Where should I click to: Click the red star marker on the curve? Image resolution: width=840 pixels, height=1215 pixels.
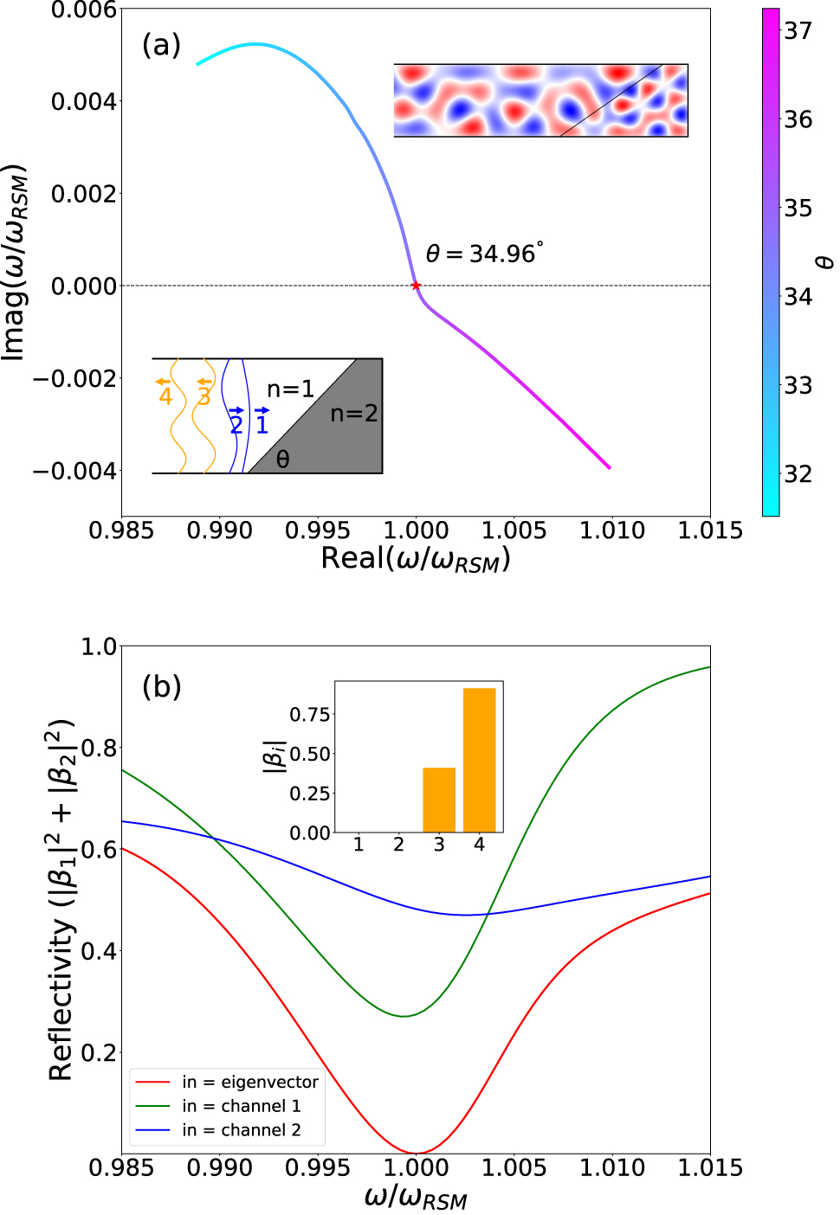(x=416, y=285)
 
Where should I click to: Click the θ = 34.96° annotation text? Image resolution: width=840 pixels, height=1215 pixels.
(x=484, y=254)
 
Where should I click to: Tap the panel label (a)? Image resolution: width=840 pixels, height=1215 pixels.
(x=161, y=44)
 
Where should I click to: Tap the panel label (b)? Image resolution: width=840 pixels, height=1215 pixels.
(x=161, y=686)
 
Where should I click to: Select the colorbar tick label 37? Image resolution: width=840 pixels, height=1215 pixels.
(x=798, y=30)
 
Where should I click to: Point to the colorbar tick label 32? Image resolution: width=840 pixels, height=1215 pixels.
(x=798, y=473)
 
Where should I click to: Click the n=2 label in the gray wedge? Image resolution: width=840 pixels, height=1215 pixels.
(x=354, y=414)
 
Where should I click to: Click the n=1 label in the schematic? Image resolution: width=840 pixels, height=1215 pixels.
(x=290, y=389)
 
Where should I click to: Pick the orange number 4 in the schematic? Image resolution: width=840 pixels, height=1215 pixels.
(x=165, y=397)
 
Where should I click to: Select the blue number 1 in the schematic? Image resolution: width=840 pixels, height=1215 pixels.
(x=262, y=424)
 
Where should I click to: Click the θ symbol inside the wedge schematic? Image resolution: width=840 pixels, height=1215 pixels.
(x=282, y=460)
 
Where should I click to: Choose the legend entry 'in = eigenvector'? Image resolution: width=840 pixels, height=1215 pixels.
(x=249, y=1082)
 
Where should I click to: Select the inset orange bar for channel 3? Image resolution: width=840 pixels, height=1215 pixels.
(x=439, y=800)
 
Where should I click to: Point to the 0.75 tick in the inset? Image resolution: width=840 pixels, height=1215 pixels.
(x=310, y=714)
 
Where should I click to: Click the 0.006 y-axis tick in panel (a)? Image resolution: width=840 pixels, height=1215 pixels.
(x=83, y=10)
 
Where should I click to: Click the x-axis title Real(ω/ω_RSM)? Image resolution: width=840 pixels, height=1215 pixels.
(x=416, y=559)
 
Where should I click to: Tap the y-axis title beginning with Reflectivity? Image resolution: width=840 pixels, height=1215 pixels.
(x=61, y=900)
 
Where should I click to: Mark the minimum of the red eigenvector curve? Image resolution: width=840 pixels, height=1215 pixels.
(x=417, y=1153)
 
